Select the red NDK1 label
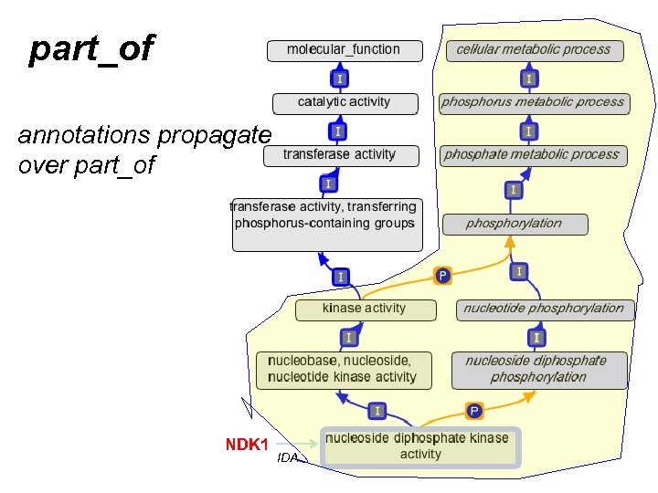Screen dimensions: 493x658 click(x=247, y=445)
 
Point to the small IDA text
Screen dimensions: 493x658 click(x=288, y=458)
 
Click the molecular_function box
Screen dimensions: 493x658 click(x=345, y=50)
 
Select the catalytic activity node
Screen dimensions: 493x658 click(x=345, y=102)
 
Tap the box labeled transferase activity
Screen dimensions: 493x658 click(x=341, y=155)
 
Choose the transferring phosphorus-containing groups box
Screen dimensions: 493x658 click(x=327, y=224)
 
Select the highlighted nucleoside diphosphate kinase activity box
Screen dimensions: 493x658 click(x=420, y=446)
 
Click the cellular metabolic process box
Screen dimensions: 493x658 click(x=534, y=50)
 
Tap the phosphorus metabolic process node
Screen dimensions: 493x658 click(x=533, y=102)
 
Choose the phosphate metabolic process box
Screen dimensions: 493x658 click(x=532, y=155)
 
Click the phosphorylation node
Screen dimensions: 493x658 click(x=515, y=224)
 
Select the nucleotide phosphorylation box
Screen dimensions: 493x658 click(x=544, y=309)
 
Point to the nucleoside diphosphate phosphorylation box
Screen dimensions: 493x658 click(x=539, y=370)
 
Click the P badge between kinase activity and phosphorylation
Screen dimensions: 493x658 click(x=442, y=275)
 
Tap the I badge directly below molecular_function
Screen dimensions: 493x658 click(x=339, y=79)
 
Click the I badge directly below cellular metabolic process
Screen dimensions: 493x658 click(x=529, y=79)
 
